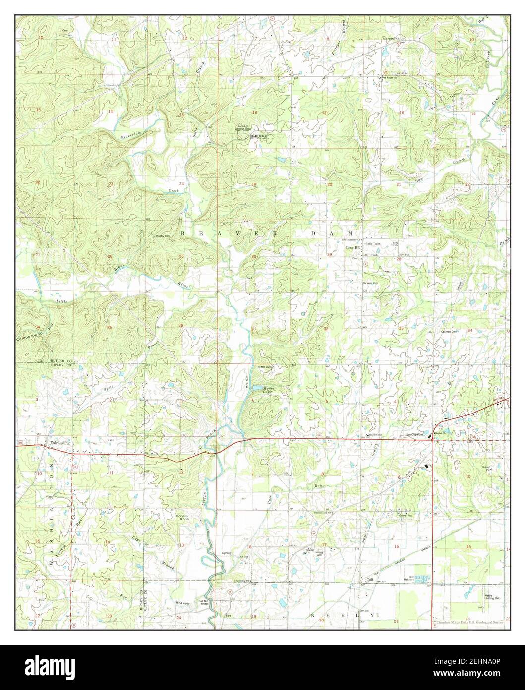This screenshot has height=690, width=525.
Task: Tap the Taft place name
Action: [x=369, y=579]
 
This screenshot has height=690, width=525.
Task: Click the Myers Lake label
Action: [x=268, y=391]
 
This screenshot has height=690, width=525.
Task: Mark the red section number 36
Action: [x=181, y=326]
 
